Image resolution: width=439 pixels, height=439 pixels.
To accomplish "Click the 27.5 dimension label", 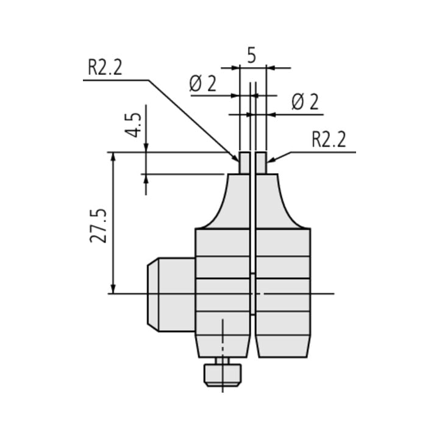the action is pyautogui.click(x=98, y=226).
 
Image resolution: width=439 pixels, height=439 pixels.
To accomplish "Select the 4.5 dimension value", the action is pyautogui.click(x=134, y=125).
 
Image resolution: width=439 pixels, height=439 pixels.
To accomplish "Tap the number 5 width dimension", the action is pyautogui.click(x=252, y=55).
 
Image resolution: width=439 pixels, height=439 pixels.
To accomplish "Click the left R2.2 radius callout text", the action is pyautogui.click(x=105, y=68).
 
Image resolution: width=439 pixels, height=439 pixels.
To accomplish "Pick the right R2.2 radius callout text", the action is pyautogui.click(x=329, y=139).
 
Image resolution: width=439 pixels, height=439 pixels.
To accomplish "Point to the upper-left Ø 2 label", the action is pyautogui.click(x=202, y=84).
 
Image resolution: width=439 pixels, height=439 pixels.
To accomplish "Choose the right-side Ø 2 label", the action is pyautogui.click(x=305, y=102).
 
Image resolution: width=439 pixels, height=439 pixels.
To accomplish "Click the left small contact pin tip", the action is pyautogui.click(x=244, y=163).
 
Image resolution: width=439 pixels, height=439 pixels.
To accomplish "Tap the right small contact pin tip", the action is pyautogui.click(x=261, y=163).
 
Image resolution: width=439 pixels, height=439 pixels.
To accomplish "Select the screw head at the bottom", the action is pyautogui.click(x=223, y=375).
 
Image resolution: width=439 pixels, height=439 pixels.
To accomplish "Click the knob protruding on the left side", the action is pyautogui.click(x=171, y=294).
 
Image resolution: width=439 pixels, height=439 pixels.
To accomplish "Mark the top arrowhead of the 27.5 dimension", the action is pyautogui.click(x=113, y=157).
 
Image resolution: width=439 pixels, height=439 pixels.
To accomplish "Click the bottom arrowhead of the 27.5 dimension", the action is pyautogui.click(x=113, y=289).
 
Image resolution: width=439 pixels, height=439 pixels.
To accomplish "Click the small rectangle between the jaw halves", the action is pyautogui.click(x=252, y=294).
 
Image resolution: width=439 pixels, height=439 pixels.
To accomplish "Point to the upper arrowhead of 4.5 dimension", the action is pyautogui.click(x=146, y=148).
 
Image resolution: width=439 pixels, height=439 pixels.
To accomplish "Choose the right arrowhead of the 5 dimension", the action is pyautogui.click(x=271, y=68).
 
